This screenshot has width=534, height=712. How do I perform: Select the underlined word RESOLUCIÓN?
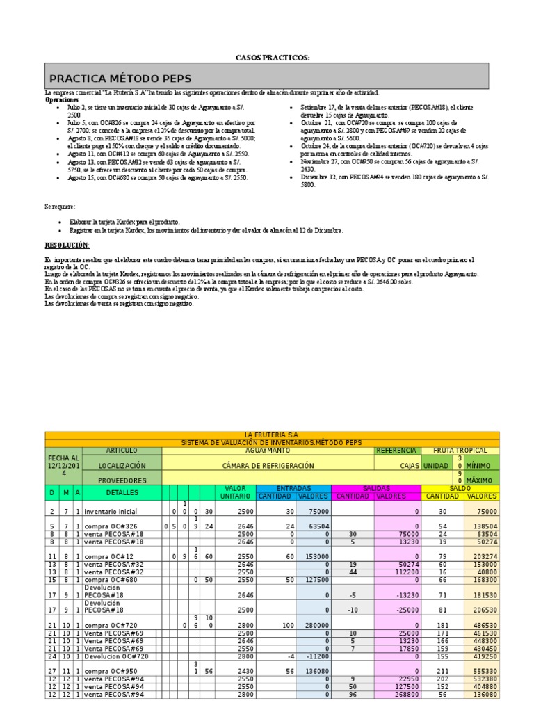pos(67,245)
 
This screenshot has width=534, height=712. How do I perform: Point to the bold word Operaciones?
pos(62,100)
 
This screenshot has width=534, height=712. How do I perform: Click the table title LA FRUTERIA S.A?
pos(272,435)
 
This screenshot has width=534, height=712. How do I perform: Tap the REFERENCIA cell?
pos(396,451)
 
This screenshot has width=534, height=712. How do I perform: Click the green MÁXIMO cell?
pos(480,480)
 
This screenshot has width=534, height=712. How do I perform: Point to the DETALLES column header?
pos(122,492)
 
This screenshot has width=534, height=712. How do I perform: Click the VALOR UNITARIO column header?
pos(235,492)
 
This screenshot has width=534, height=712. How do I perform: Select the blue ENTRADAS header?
pos(294,488)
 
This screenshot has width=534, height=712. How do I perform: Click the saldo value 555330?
pos(481,671)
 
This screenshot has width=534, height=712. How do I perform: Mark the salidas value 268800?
pos(398,693)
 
